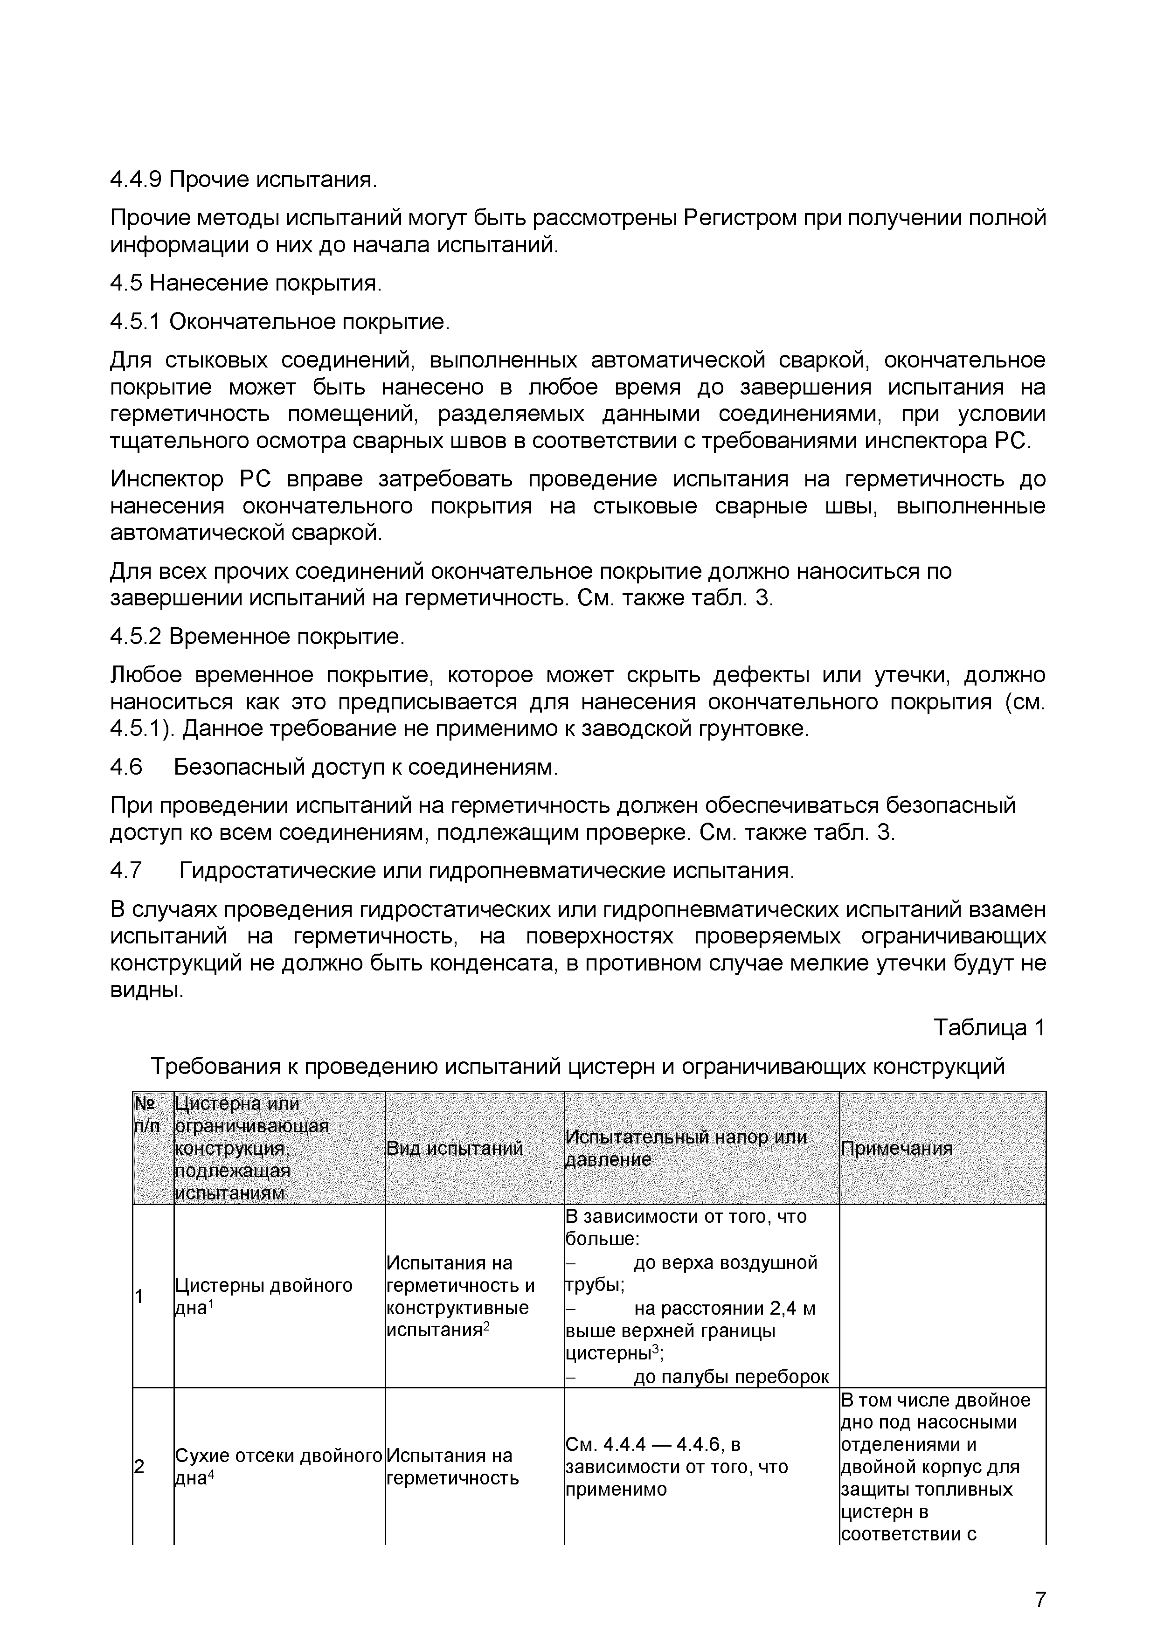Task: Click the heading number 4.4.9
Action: pyautogui.click(x=136, y=180)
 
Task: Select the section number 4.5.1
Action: pyautogui.click(x=136, y=322)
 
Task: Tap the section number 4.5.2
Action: pyautogui.click(x=136, y=636)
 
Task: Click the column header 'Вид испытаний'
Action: pyautogui.click(x=455, y=1148)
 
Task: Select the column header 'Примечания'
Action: pyautogui.click(x=897, y=1148)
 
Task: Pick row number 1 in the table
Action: pyautogui.click(x=139, y=1296)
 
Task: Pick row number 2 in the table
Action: pyautogui.click(x=139, y=1466)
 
